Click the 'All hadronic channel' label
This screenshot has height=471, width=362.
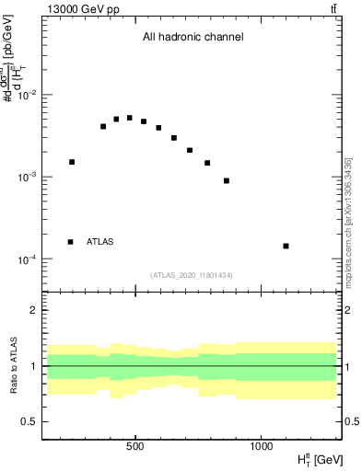[193, 38]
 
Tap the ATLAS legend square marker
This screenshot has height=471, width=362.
[71, 242]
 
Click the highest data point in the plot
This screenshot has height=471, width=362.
[130, 118]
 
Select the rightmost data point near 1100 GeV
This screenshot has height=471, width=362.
[286, 246]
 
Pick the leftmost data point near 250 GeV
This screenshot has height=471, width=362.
[72, 162]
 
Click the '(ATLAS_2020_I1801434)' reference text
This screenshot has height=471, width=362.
[192, 275]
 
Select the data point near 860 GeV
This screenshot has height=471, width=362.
[227, 180]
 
